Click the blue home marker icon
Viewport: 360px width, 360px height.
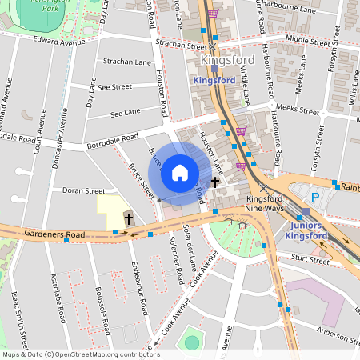click(x=180, y=173)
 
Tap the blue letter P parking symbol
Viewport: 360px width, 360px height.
click(x=314, y=196)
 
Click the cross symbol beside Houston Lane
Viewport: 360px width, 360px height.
click(x=214, y=182)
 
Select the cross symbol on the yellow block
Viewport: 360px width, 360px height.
click(x=128, y=218)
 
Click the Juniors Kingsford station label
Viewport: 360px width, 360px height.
click(x=304, y=230)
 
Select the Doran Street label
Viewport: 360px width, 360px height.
click(x=84, y=191)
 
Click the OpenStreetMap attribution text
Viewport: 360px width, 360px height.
click(x=80, y=354)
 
